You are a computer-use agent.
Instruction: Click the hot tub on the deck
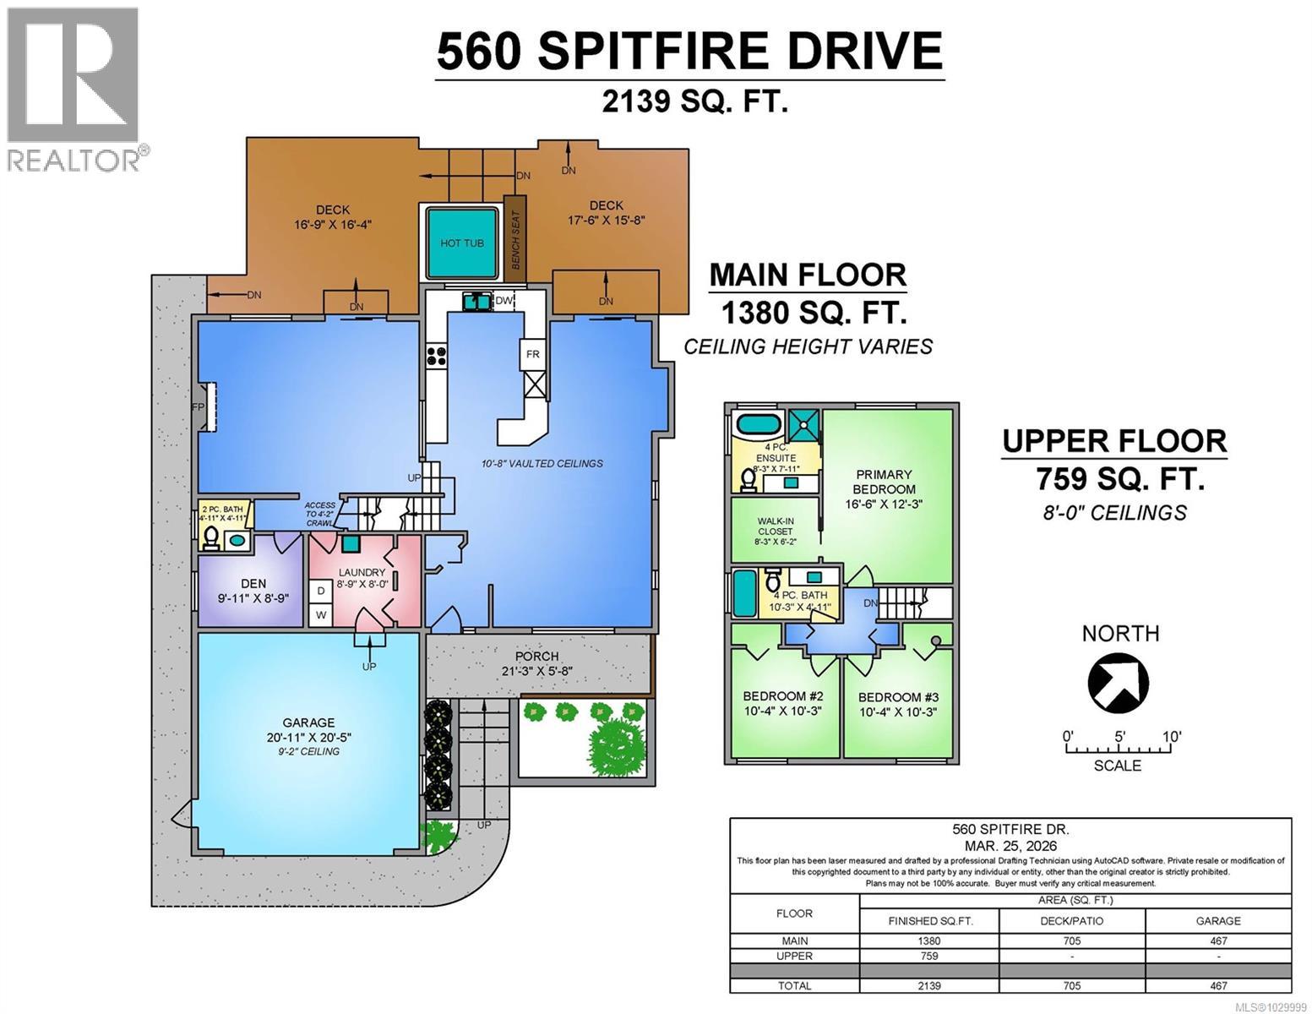click(461, 243)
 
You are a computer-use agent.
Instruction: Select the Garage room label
click(308, 723)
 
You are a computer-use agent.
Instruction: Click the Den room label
click(253, 583)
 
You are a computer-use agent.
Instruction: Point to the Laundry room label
click(362, 573)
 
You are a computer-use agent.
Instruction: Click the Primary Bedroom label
click(884, 482)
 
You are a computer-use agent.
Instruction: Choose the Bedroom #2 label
click(782, 696)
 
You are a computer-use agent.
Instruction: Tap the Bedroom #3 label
click(898, 698)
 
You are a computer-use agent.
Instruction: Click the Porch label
click(536, 657)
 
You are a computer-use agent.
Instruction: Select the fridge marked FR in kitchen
click(533, 355)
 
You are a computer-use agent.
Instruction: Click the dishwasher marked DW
click(504, 301)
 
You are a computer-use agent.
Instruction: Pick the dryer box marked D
click(321, 591)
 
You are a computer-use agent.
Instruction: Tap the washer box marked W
click(321, 614)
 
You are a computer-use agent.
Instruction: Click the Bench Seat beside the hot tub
click(515, 239)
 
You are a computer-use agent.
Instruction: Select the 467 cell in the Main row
click(1217, 940)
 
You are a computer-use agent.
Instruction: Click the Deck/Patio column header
click(1071, 920)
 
